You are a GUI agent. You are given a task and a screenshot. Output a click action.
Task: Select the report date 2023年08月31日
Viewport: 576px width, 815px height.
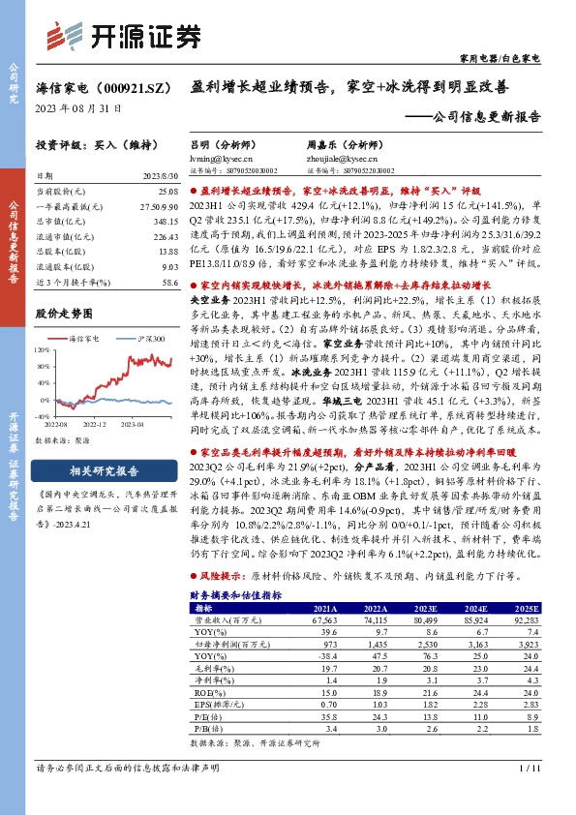(x=75, y=107)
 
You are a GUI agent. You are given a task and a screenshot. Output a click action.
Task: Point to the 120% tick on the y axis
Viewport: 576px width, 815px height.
(x=45, y=347)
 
